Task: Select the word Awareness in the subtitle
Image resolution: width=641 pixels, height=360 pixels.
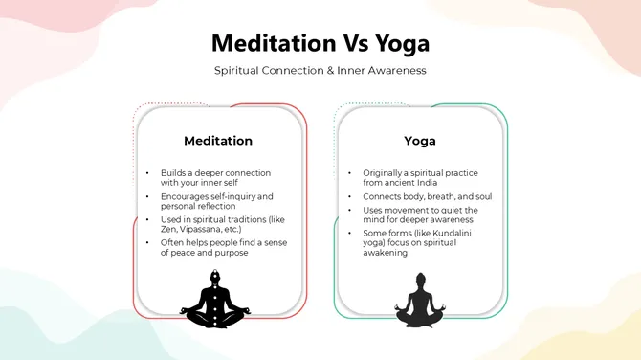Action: (x=394, y=71)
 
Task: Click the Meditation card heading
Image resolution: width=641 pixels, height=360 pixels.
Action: (x=218, y=141)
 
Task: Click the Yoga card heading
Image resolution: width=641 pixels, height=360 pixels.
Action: (x=419, y=141)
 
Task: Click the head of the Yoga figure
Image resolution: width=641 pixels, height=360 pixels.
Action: (x=420, y=279)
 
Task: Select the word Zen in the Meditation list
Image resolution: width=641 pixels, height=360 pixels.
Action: (x=170, y=230)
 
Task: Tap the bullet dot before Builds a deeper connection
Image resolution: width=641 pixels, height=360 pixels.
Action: (x=146, y=173)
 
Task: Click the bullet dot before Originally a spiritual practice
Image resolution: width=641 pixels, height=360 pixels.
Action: (x=350, y=173)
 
